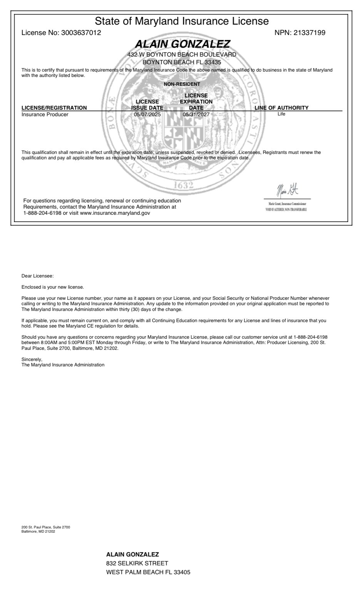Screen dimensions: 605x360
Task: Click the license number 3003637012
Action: pos(81,33)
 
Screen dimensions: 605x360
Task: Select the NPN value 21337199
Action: pos(309,33)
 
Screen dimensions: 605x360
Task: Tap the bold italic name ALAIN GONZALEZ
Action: pos(182,44)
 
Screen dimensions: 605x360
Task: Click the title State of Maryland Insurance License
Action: pos(182,21)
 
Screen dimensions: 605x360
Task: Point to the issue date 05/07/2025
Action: pos(147,114)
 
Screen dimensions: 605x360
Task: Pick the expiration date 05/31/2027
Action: pos(196,114)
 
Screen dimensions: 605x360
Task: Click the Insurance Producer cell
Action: pos(45,114)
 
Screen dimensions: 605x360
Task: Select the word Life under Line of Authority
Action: pos(281,114)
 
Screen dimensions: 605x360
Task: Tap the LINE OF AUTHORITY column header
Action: pos(281,108)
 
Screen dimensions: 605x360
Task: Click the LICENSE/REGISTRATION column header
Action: pos(54,108)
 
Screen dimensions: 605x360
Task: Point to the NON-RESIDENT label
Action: pos(182,84)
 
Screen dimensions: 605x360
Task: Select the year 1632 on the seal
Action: pos(183,186)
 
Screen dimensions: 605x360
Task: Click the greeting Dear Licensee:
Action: pos(38,276)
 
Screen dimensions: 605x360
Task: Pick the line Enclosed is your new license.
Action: pos(53,287)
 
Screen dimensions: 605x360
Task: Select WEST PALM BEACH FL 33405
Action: pos(148,572)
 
